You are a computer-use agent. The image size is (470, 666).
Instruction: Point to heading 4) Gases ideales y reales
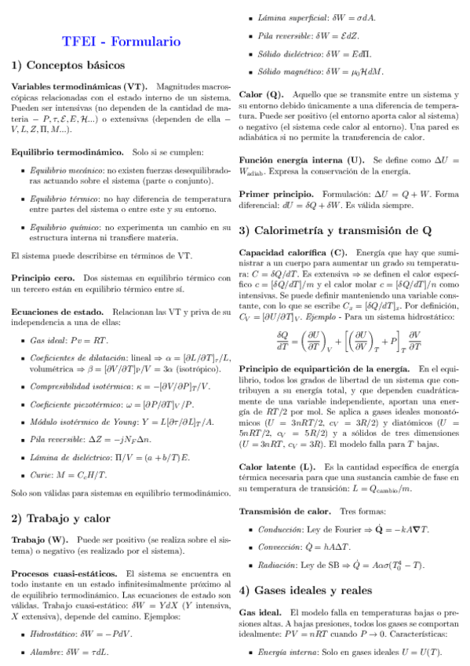[x=312, y=590]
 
